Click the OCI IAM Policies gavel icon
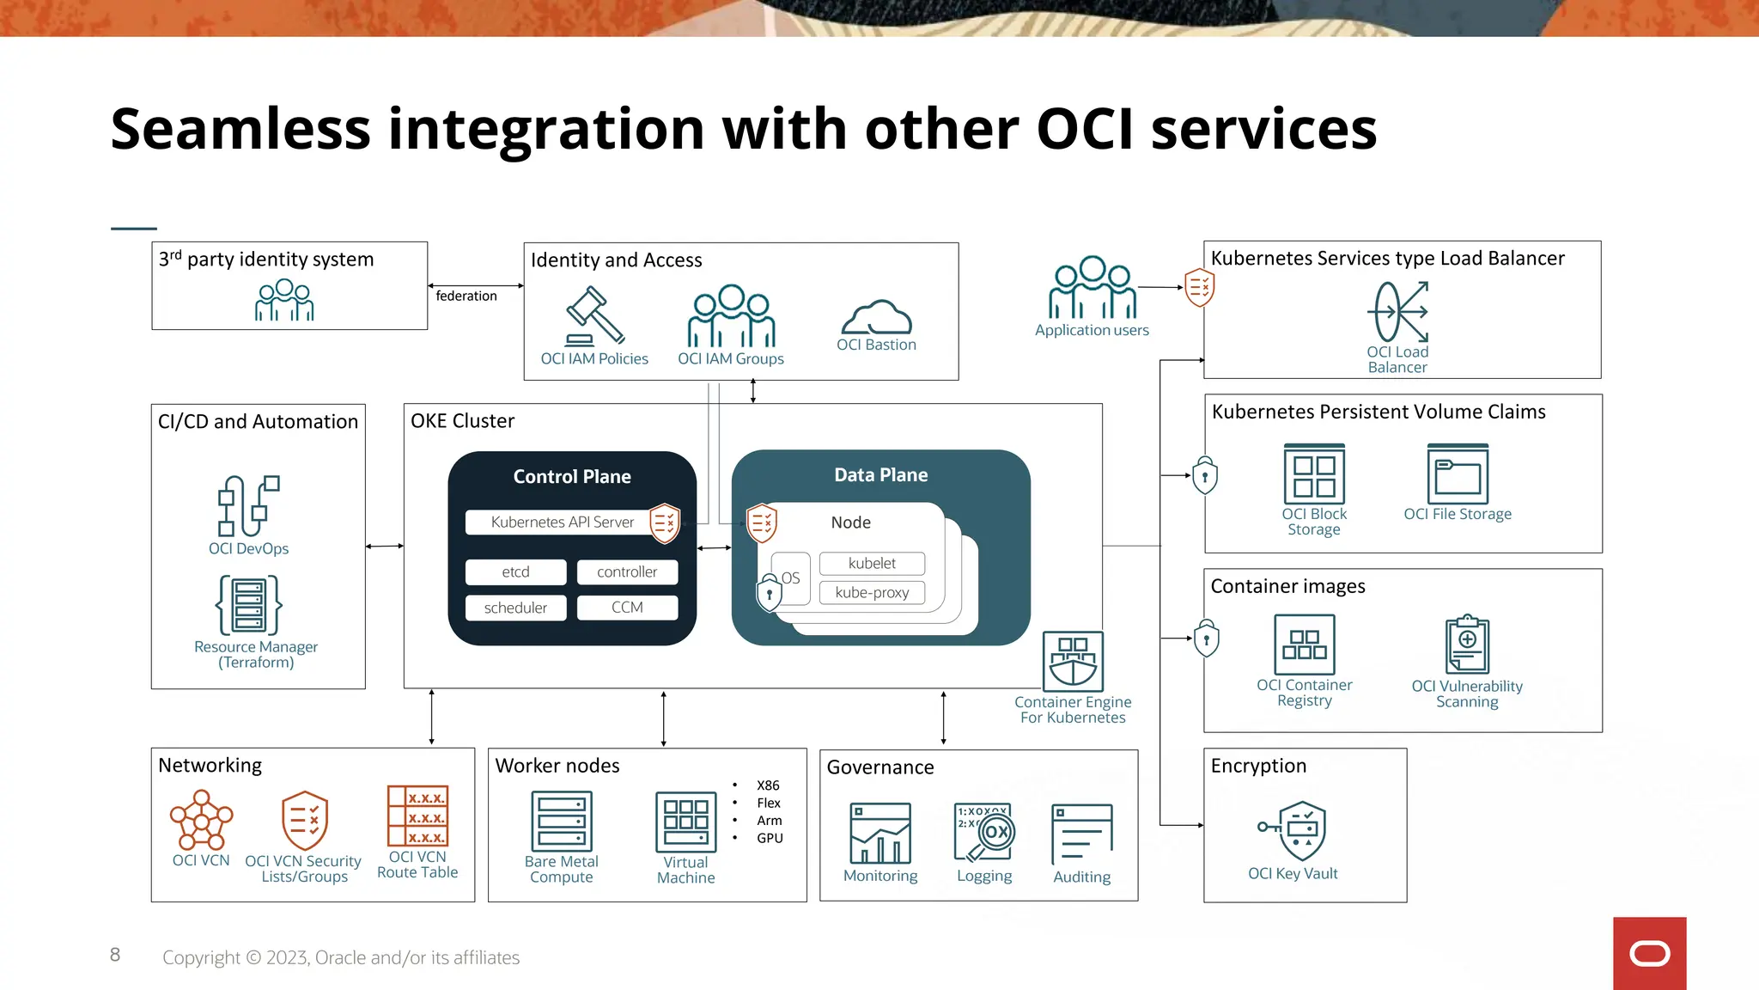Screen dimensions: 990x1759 pyautogui.click(x=593, y=316)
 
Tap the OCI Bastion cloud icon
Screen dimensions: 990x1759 pyautogui.click(x=876, y=317)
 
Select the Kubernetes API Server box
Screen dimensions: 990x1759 pyautogui.click(x=562, y=522)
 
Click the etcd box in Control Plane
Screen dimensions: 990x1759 pyautogui.click(x=515, y=572)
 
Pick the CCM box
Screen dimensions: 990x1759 pyautogui.click(x=627, y=608)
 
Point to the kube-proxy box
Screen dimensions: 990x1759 pyautogui.click(x=872, y=593)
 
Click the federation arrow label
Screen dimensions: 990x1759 pyautogui.click(x=466, y=296)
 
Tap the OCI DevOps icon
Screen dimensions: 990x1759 pyautogui.click(x=248, y=506)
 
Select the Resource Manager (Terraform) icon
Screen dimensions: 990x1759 pyautogui.click(x=249, y=605)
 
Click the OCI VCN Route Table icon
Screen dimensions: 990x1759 pyautogui.click(x=417, y=816)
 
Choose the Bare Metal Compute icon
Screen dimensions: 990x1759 pyautogui.click(x=561, y=822)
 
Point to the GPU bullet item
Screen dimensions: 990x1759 pyautogui.click(x=770, y=839)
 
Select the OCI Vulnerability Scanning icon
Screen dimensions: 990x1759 pyautogui.click(x=1467, y=645)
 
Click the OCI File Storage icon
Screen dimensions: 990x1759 pyautogui.click(x=1458, y=474)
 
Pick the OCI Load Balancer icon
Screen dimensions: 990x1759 pyautogui.click(x=1397, y=313)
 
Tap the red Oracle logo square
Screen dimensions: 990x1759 pyautogui.click(x=1649, y=953)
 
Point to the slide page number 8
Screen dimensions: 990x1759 pyautogui.click(x=115, y=955)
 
